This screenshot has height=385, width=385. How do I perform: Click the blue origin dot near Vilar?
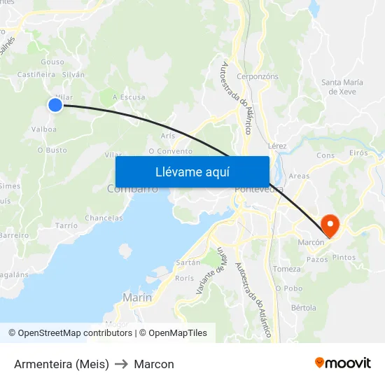(x=55, y=105)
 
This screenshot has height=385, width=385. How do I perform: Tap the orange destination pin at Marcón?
(x=329, y=225)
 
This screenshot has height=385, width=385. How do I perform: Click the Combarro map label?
(x=132, y=189)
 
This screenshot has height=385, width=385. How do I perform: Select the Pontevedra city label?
(x=259, y=190)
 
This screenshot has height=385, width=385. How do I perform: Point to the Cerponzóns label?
(x=258, y=76)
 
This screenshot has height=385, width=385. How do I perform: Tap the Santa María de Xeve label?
(x=342, y=87)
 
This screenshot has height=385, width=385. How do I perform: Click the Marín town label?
(x=137, y=297)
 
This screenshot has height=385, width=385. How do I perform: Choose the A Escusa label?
(x=129, y=97)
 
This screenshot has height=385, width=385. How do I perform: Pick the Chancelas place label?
(x=104, y=218)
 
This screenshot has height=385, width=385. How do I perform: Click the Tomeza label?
(x=287, y=269)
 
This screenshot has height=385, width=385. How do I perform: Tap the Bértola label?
(x=303, y=307)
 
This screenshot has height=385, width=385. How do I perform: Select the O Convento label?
(x=170, y=151)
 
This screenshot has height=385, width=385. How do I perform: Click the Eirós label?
(x=358, y=153)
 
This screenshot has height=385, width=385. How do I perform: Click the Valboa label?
(x=44, y=129)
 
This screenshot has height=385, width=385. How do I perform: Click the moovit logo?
(x=343, y=363)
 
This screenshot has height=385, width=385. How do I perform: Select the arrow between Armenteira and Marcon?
(x=121, y=364)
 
